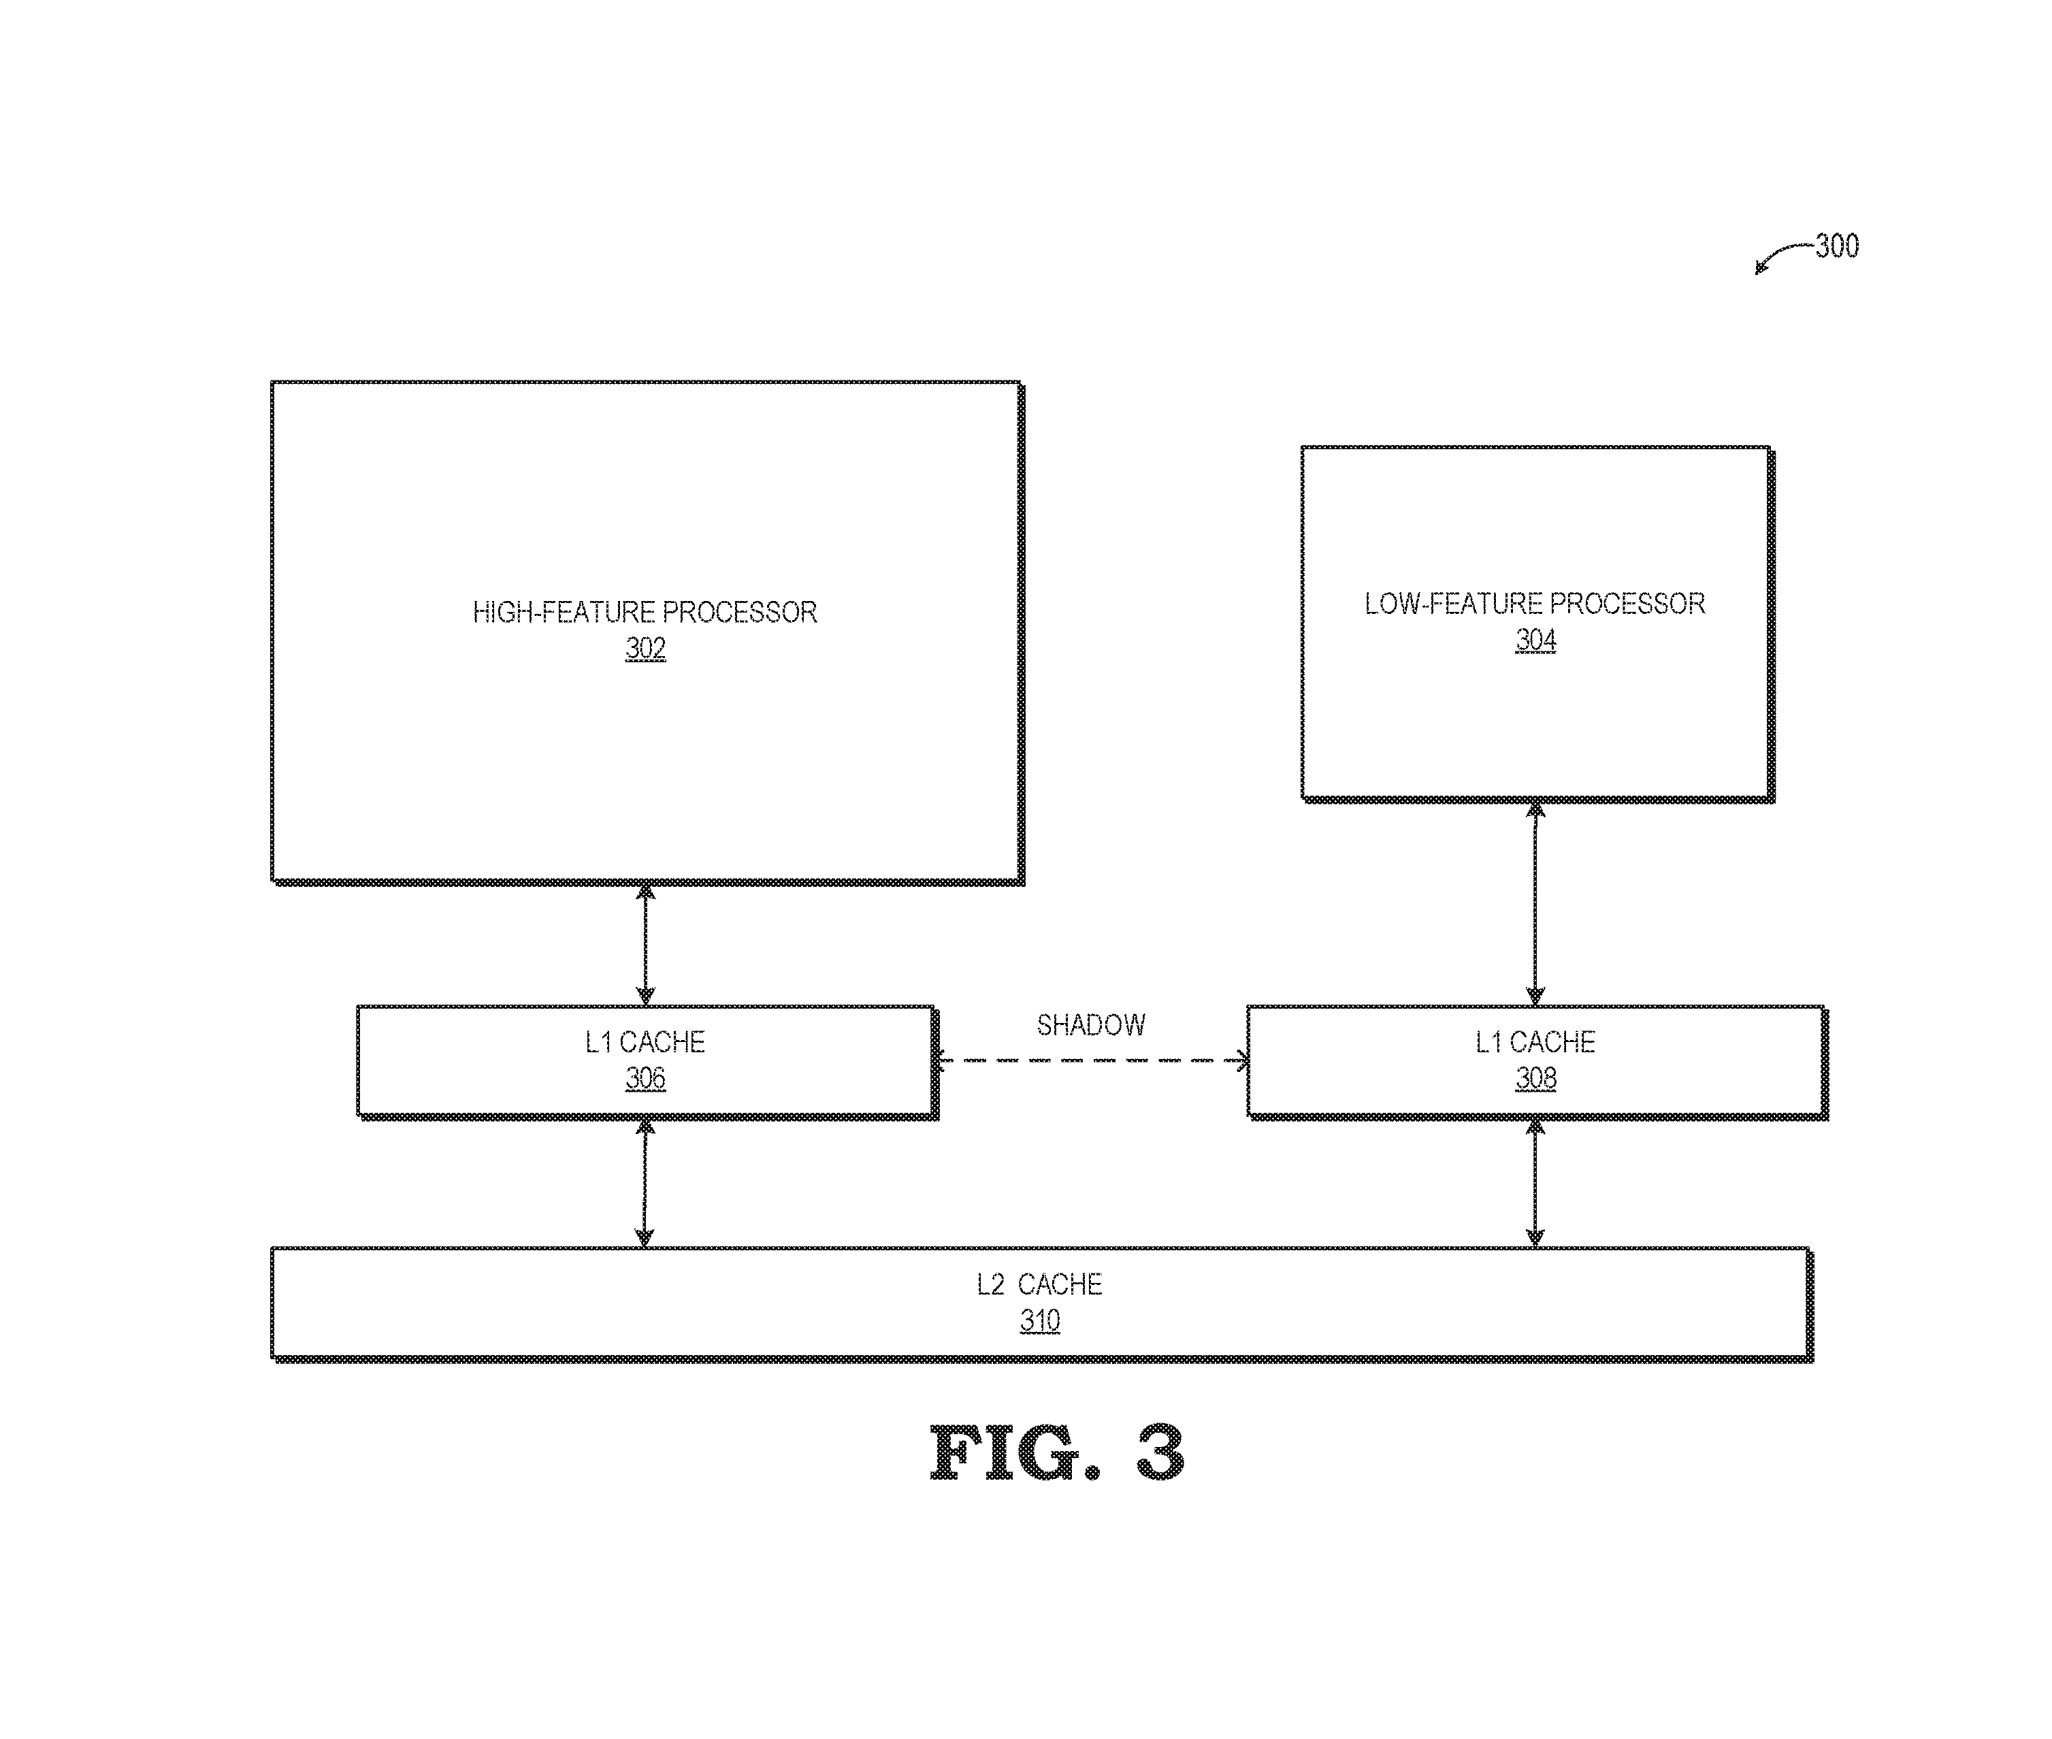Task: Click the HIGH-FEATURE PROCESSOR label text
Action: point(645,612)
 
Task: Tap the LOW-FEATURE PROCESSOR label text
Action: point(1535,603)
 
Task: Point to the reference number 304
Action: point(1535,640)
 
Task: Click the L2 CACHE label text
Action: point(1039,1284)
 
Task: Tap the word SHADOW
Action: point(1091,1025)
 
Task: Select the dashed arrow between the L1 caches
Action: point(1091,1060)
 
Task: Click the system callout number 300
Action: point(1837,246)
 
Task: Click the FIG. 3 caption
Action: point(1056,1453)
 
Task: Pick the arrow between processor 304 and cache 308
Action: point(1535,902)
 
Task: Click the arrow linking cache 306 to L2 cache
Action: point(645,1182)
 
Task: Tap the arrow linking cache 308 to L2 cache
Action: point(1535,1182)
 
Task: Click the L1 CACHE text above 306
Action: point(645,1042)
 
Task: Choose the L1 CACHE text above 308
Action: point(1535,1042)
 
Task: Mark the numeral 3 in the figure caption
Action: point(1160,1453)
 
